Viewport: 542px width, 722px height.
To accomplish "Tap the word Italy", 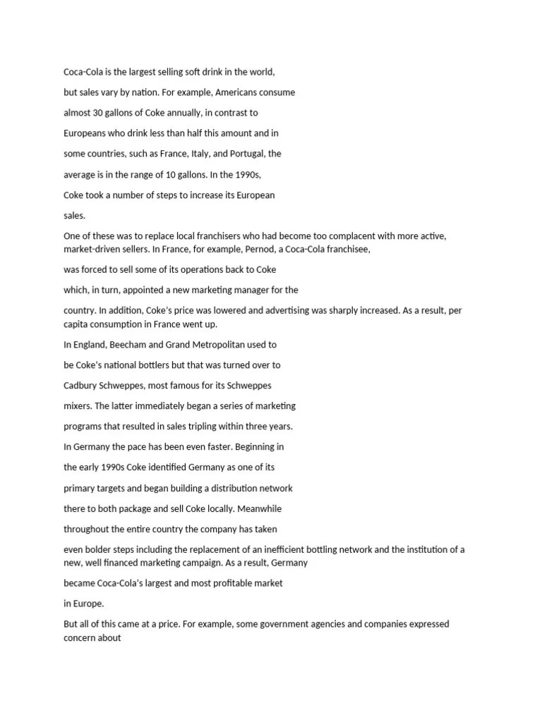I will [x=201, y=154].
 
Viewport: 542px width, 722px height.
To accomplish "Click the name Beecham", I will [x=126, y=345].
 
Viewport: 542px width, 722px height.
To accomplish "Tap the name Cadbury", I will [x=81, y=386].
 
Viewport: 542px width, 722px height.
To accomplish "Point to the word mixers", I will [x=78, y=406].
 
